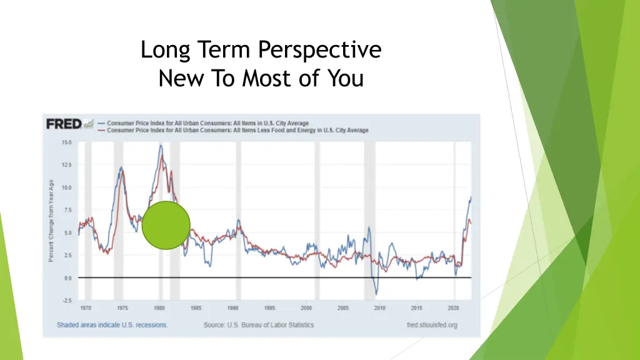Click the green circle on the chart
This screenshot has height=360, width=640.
pyautogui.click(x=166, y=226)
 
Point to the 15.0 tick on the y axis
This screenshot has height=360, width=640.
pyautogui.click(x=66, y=142)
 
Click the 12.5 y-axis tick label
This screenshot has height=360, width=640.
pyautogui.click(x=66, y=165)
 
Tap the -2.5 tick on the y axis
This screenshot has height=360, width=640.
pyautogui.click(x=66, y=301)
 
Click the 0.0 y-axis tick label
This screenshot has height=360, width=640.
pyautogui.click(x=67, y=278)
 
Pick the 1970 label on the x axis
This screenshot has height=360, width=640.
pyautogui.click(x=86, y=308)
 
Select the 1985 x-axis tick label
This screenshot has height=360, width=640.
pyautogui.click(x=196, y=308)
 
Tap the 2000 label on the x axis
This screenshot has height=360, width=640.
pyautogui.click(x=306, y=308)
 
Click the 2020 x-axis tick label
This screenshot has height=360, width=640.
pyautogui.click(x=454, y=308)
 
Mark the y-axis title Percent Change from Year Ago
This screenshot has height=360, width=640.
pyautogui.click(x=51, y=221)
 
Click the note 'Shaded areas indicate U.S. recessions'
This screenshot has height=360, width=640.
pyautogui.click(x=112, y=325)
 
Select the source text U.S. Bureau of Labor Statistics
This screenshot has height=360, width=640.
pyautogui.click(x=259, y=325)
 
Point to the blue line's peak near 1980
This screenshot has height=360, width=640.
pyautogui.click(x=161, y=146)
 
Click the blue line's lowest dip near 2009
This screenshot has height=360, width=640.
pyautogui.click(x=376, y=294)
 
